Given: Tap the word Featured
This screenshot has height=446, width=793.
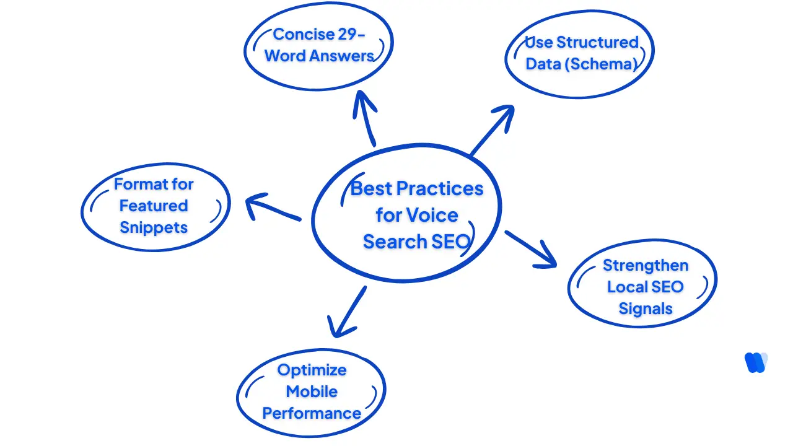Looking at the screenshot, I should coord(153,206).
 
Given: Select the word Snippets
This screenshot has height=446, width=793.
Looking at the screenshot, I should coord(153,227).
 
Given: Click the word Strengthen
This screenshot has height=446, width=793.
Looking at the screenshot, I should coord(645,265).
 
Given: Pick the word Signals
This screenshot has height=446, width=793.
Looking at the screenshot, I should coord(645,308).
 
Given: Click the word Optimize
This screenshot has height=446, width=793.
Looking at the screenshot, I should coord(311,370).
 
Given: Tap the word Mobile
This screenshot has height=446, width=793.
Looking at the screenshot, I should coord(311,391).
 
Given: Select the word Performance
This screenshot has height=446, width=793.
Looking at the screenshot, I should coord(311,413).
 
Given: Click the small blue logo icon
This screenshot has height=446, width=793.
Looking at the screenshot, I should coord(755,362).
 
